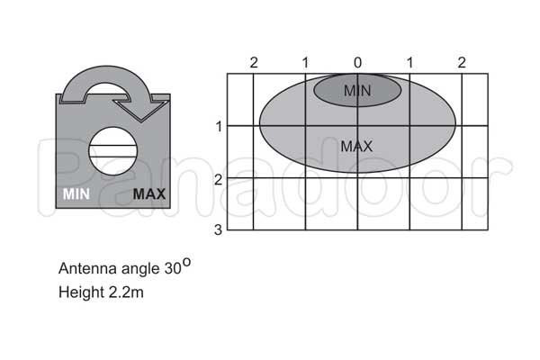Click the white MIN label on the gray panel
coord(76,194)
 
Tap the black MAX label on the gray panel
coord(149,194)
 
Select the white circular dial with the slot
coord(113,151)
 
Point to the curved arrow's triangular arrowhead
coord(142,110)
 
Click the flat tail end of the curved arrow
coord(73,98)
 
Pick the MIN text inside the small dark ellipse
coord(357,91)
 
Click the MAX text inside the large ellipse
coord(356,147)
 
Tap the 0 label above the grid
coord(358,63)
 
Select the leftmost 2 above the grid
coord(254,63)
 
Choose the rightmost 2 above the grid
coord(462,63)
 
